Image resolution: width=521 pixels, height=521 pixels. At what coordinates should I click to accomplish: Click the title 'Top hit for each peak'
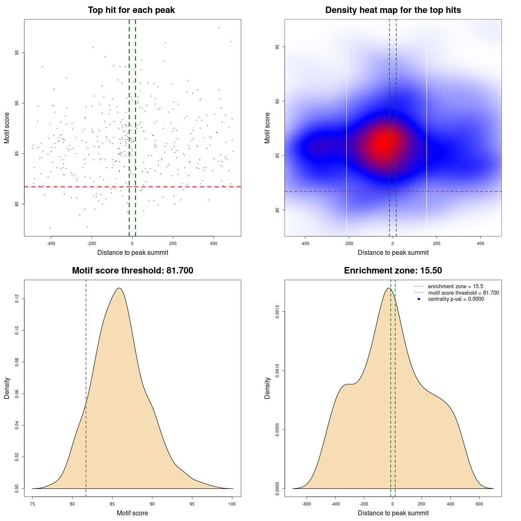tap(131, 10)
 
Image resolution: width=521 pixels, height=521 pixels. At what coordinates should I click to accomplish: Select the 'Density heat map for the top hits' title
tap(393, 10)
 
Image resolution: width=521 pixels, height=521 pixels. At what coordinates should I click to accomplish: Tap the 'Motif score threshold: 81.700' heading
tap(132, 271)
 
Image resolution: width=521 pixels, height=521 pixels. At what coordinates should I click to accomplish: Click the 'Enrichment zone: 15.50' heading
tap(393, 271)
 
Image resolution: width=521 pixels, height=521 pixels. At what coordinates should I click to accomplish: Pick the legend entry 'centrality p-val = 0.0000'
tap(456, 299)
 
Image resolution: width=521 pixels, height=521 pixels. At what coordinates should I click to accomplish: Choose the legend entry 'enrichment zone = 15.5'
tap(455, 287)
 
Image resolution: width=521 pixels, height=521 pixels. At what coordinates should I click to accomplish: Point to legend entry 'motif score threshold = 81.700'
tap(463, 293)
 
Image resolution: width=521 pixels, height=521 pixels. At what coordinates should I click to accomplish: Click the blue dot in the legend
tap(419, 299)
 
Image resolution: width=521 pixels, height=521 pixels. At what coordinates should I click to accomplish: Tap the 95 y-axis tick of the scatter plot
tap(17, 53)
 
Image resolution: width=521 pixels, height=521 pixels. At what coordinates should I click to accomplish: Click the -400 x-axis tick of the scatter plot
tap(51, 244)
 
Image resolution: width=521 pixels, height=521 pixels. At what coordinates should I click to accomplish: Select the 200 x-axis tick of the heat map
tap(437, 244)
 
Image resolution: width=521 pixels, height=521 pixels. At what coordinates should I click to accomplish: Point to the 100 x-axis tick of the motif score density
tap(232, 504)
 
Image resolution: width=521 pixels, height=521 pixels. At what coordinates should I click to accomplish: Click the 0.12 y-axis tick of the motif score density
tap(17, 299)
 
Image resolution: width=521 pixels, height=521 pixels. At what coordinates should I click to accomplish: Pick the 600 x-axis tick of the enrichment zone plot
tap(479, 504)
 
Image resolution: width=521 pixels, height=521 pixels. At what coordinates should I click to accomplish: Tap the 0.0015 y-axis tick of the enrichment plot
tap(278, 312)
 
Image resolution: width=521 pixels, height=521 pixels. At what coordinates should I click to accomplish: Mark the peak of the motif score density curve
tap(119, 288)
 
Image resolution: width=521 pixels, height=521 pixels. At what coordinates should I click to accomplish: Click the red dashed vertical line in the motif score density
tap(86, 387)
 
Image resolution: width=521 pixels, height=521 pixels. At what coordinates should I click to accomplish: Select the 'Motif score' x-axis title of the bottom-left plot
tap(132, 513)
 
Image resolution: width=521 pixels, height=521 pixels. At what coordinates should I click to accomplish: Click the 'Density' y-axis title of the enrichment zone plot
tap(267, 388)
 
